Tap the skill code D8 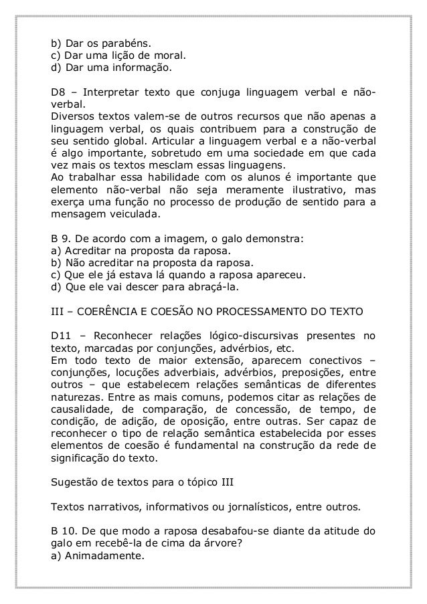[58, 92]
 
